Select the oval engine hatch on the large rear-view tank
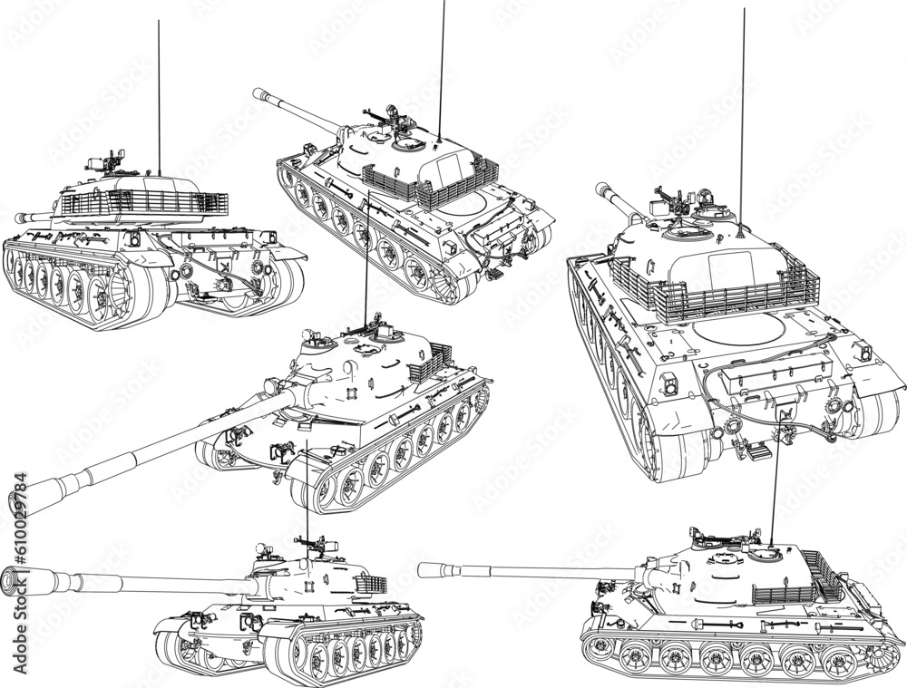(x=736, y=328)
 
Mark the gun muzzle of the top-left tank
(x=20, y=218)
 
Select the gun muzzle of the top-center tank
(x=258, y=92)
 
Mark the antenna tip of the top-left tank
(x=159, y=23)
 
